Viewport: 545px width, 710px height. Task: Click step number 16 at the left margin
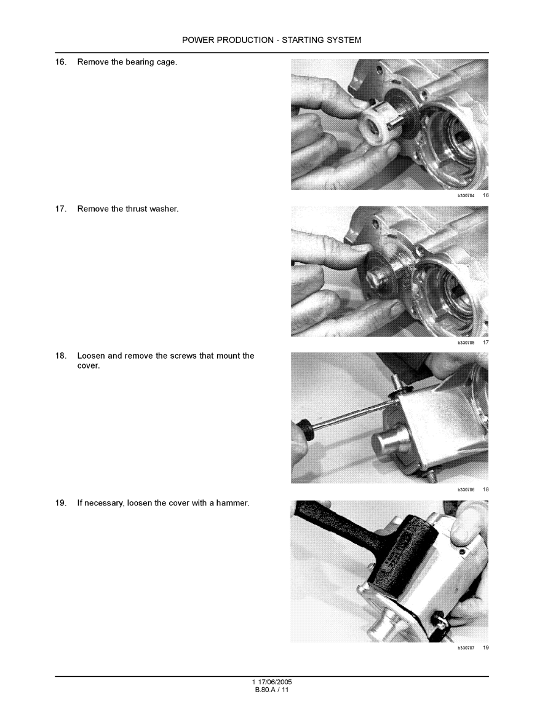click(61, 62)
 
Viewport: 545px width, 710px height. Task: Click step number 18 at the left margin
click(61, 356)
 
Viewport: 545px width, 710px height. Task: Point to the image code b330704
click(466, 195)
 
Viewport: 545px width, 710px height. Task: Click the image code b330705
click(466, 343)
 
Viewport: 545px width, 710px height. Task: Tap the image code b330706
click(466, 490)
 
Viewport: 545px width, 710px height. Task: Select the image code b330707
click(466, 648)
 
